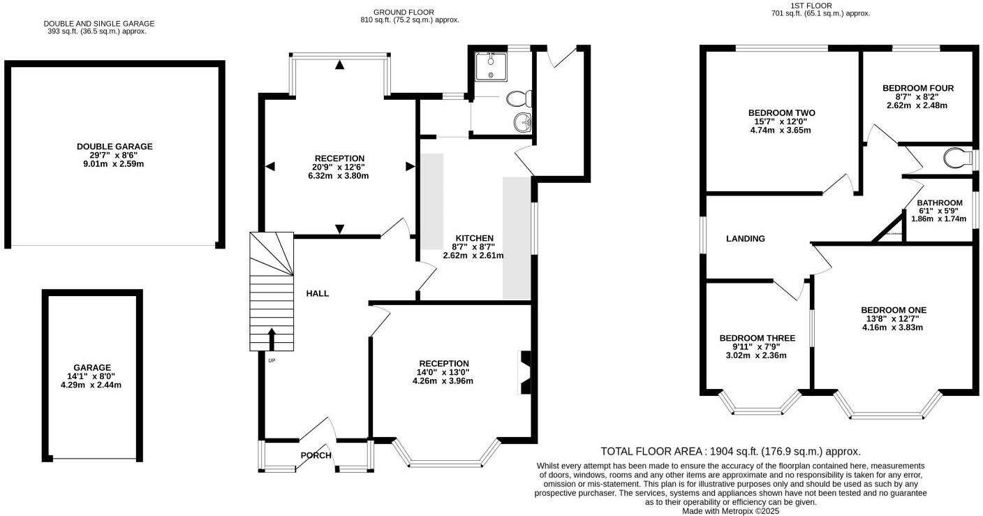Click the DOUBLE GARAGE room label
[x=114, y=147]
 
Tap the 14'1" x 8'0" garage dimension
[x=94, y=376]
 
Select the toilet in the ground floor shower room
[x=520, y=97]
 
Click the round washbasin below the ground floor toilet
[x=522, y=123]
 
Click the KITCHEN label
[x=474, y=238]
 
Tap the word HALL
[x=317, y=294]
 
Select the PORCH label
[x=316, y=456]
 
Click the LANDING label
[x=746, y=239]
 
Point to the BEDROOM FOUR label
[x=917, y=88]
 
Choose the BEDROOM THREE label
[x=757, y=338]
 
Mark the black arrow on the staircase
[x=272, y=339]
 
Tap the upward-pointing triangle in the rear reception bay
[x=339, y=66]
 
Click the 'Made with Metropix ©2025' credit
[x=730, y=511]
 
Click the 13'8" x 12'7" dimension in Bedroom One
[x=893, y=318]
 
